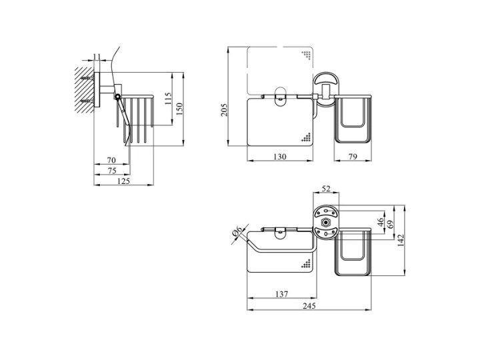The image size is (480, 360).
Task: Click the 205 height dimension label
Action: pos(225,109)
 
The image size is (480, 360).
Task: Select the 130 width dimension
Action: pos(280,157)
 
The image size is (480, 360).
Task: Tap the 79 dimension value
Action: pos(353,157)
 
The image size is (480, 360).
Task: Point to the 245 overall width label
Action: pos(309,305)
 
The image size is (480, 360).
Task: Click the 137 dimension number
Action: pos(281,294)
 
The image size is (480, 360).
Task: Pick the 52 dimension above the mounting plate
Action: pos(326,189)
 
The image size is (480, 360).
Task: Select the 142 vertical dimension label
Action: pos(401,240)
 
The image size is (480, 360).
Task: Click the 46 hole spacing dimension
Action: pos(381,221)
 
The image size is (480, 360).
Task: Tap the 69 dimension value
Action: pos(391,225)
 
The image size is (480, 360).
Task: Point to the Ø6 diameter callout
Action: pos(237,231)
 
